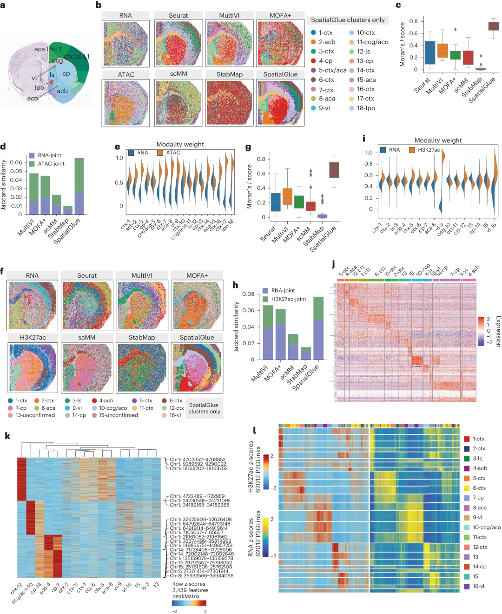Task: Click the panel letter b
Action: coord(99,5)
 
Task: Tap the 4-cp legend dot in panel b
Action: coord(314,61)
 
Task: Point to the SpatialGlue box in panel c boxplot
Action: coord(493,26)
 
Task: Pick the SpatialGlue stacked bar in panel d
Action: coord(79,186)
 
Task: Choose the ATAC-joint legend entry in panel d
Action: coord(46,164)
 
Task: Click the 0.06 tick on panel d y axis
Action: coord(16,162)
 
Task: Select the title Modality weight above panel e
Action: coord(180,144)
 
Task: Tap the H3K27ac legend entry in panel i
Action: coord(424,150)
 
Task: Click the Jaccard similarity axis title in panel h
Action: coord(236,327)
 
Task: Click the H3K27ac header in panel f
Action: coord(33,337)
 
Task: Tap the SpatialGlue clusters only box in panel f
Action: coord(204,408)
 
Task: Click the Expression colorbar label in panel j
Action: coord(498,331)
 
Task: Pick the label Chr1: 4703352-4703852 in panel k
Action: coord(198,460)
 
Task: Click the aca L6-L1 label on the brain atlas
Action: coord(48,49)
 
